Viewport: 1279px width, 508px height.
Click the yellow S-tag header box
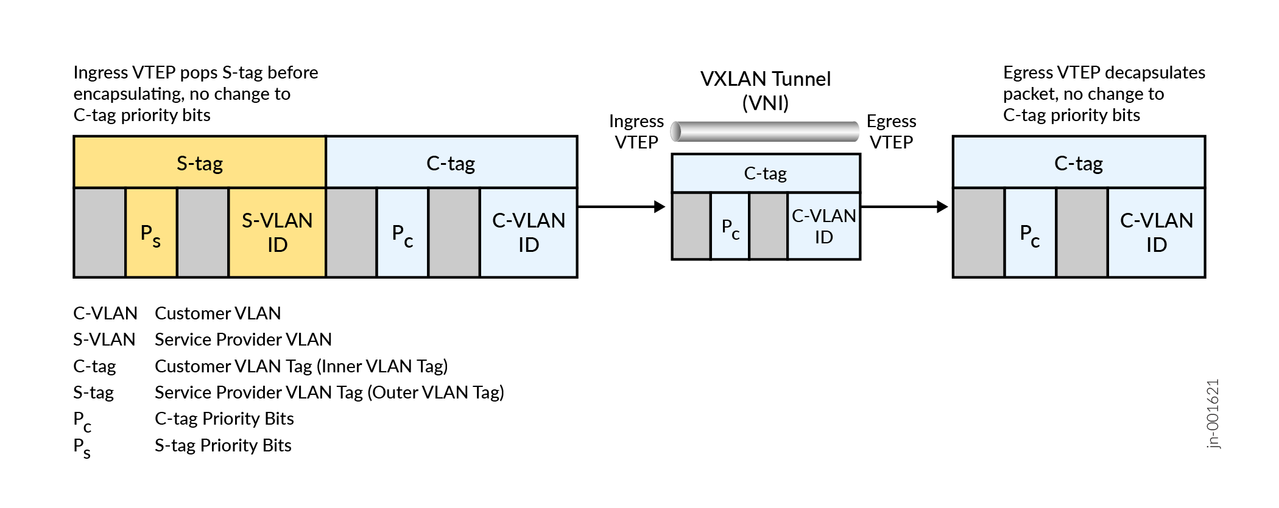point(200,162)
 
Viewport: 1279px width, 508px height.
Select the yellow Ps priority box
point(151,233)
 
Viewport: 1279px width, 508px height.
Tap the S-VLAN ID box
point(277,232)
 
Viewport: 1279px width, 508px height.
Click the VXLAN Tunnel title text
point(765,90)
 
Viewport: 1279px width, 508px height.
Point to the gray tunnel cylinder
point(765,131)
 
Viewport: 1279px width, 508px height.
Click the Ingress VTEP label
point(636,131)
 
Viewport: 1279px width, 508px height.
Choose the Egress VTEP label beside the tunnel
point(891,131)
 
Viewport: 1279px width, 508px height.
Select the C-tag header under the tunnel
point(766,173)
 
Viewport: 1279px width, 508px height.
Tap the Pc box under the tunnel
point(730,227)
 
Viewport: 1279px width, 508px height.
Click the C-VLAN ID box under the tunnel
point(823,226)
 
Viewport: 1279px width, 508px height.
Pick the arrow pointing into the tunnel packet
point(621,207)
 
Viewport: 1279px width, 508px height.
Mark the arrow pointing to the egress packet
point(904,207)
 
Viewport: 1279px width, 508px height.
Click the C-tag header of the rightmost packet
point(1079,162)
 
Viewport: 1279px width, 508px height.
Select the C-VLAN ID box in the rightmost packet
point(1156,232)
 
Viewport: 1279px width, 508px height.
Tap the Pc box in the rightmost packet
point(1030,233)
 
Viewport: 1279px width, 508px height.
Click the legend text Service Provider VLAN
point(243,339)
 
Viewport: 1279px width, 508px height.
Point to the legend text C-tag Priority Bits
point(224,419)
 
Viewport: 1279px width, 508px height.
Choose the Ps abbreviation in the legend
point(82,447)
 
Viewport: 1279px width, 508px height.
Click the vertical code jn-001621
point(1213,414)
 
